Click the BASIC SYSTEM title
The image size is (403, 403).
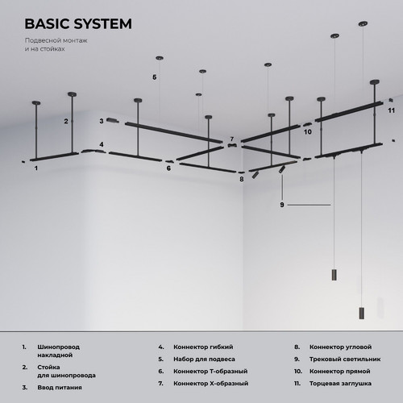coord(78,23)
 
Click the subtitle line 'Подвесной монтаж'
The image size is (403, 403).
coord(56,40)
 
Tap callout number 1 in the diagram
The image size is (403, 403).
coord(36,168)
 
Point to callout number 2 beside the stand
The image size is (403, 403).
coord(66,122)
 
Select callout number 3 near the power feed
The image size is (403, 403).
coord(102,121)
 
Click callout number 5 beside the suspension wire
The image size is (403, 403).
coord(155,77)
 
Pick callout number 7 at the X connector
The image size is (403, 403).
coord(232,139)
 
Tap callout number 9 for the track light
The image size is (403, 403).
coord(282,205)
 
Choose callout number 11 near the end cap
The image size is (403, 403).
coord(391,110)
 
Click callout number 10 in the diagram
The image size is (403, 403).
coord(308,132)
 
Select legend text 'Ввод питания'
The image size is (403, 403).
coord(60,388)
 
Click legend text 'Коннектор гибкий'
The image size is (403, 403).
coord(203,347)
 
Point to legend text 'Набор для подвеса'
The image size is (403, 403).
coord(204,359)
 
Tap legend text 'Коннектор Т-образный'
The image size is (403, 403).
coord(210,372)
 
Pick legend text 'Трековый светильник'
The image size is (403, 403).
coord(345,359)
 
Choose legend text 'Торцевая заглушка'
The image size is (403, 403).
coord(340,384)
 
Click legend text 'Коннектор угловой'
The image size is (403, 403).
coord(340,347)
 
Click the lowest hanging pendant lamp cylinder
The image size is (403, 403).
coord(362,313)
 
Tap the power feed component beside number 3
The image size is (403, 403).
coord(113,120)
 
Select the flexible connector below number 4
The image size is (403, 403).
coord(92,151)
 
